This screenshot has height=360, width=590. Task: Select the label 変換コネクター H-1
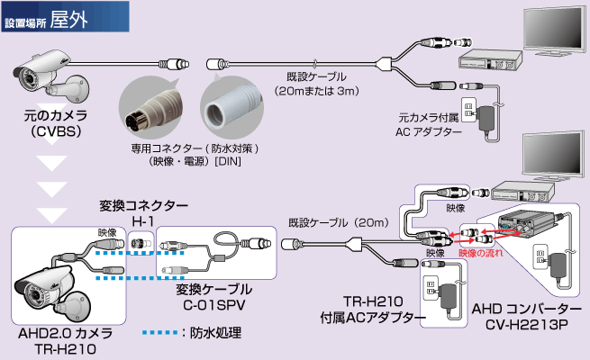tap(143, 212)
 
